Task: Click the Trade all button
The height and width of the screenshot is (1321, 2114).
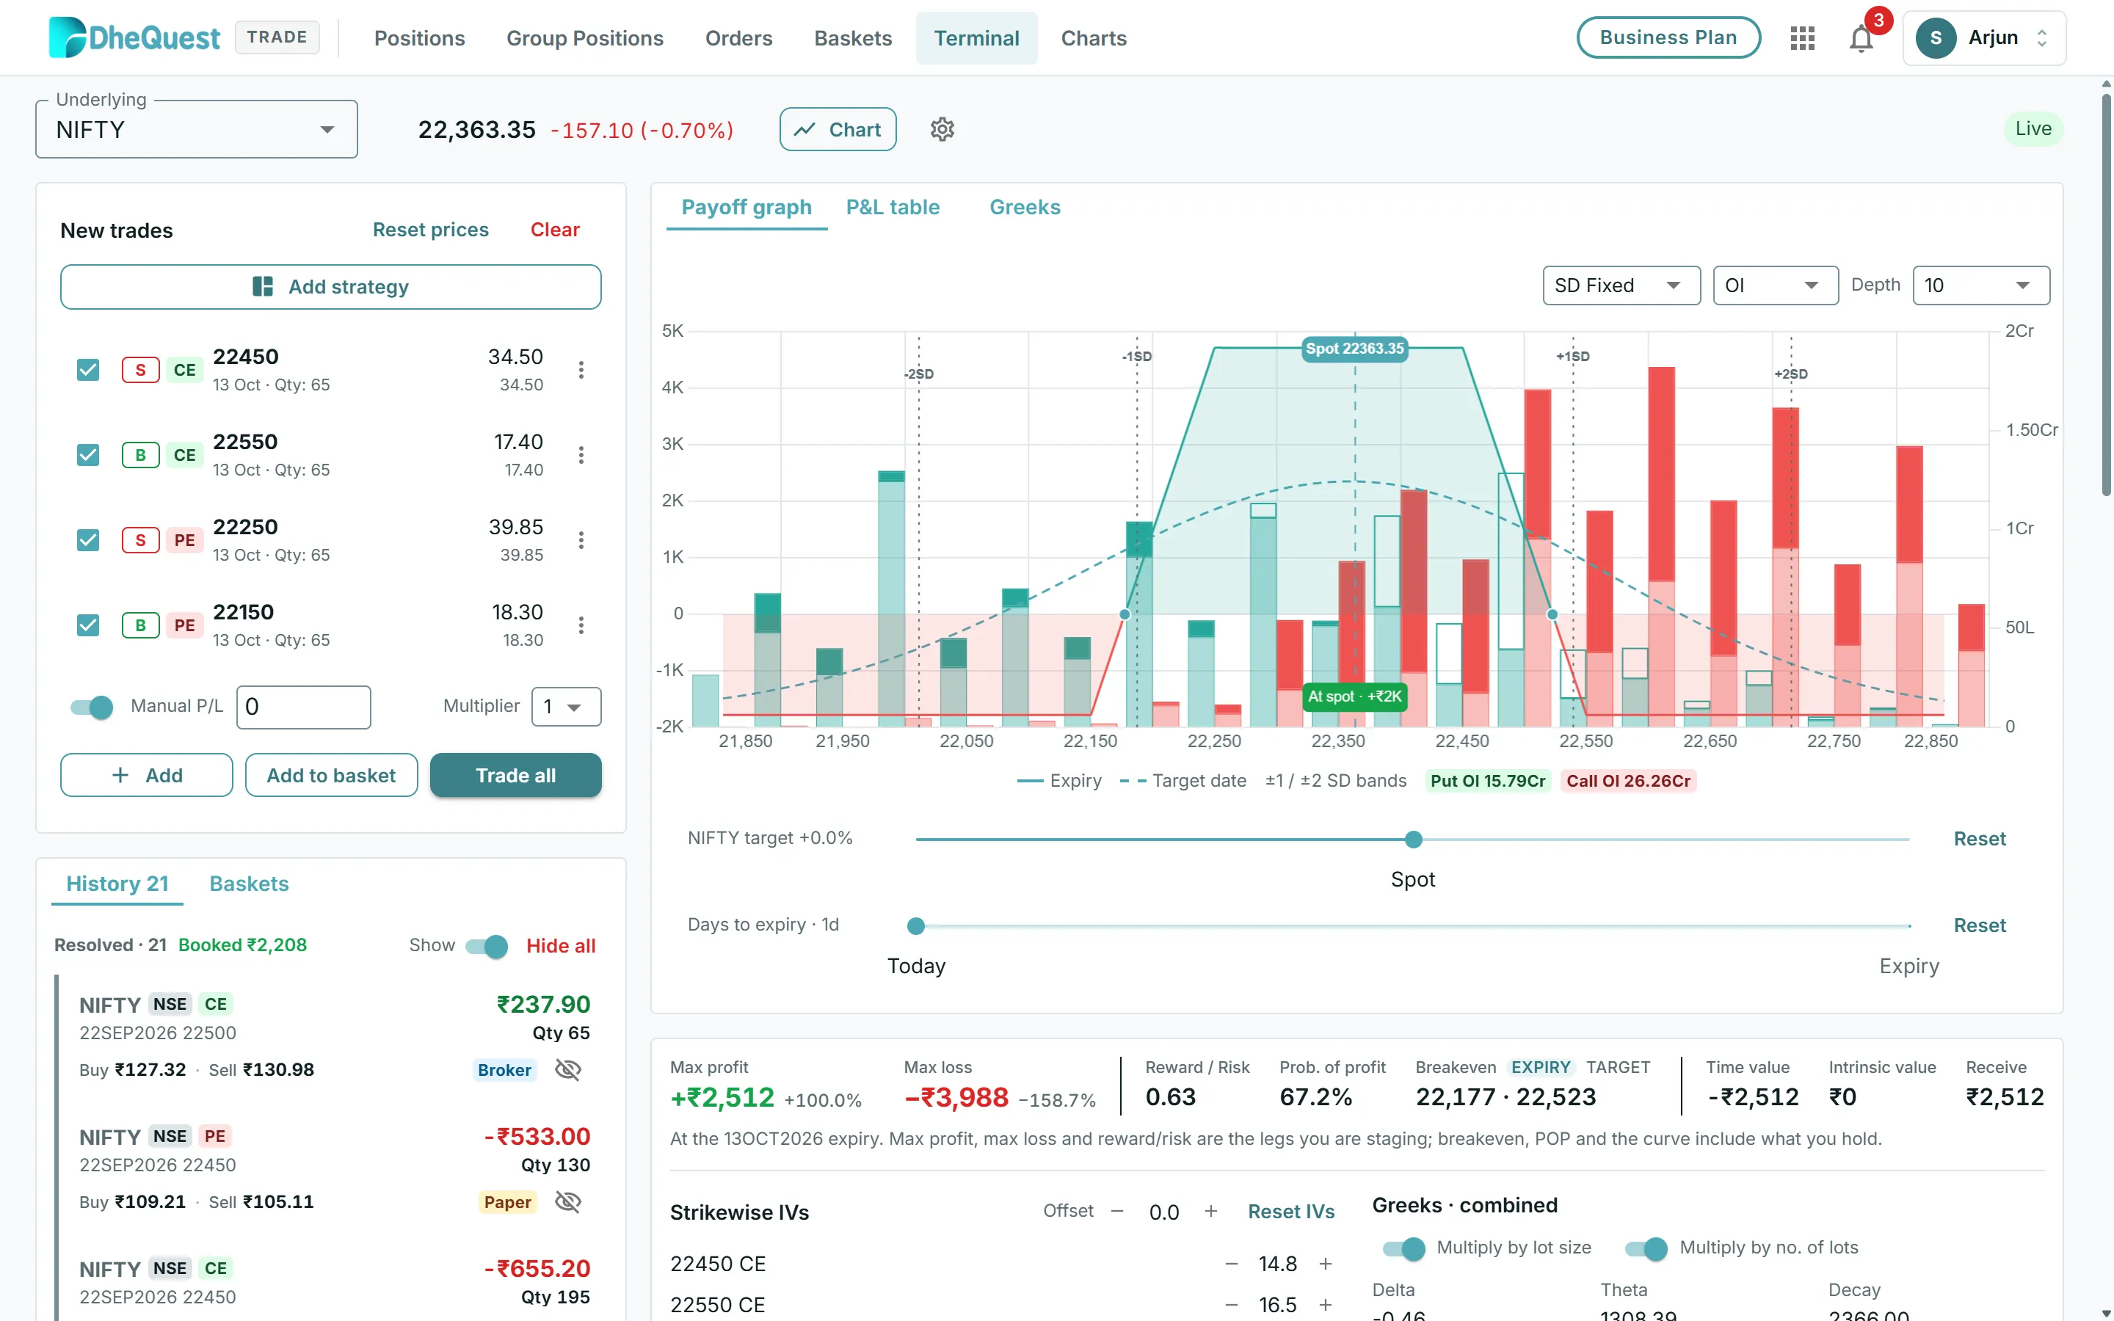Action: click(x=515, y=775)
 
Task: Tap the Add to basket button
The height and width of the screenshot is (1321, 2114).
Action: click(x=331, y=775)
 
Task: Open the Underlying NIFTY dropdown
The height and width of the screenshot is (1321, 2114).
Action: click(x=197, y=129)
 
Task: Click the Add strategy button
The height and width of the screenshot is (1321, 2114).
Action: click(x=331, y=286)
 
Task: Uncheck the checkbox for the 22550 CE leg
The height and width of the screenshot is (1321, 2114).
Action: click(x=88, y=454)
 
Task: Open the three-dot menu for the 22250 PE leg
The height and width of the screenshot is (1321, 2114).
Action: click(x=581, y=540)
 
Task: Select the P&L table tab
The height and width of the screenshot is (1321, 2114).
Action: click(x=893, y=207)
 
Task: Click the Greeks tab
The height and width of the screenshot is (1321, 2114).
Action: click(x=1025, y=207)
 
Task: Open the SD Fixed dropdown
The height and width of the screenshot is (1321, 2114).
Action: click(x=1621, y=285)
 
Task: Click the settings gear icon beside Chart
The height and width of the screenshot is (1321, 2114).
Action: click(x=942, y=129)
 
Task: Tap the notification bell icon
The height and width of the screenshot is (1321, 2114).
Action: click(x=1861, y=38)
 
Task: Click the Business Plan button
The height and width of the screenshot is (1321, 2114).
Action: click(x=1668, y=37)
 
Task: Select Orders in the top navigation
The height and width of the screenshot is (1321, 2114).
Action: click(x=739, y=38)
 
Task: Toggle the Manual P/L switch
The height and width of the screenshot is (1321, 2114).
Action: click(x=92, y=706)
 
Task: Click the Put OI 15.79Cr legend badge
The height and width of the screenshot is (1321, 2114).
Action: click(x=1488, y=780)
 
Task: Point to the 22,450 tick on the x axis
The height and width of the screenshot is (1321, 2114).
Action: click(x=1462, y=741)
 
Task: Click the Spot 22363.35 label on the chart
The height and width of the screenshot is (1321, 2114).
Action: click(x=1355, y=349)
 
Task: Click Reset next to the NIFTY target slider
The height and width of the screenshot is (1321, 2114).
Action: click(x=1980, y=839)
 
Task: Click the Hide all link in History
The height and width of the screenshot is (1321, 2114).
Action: click(x=561, y=945)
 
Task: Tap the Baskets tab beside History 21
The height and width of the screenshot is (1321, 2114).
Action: click(x=249, y=884)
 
